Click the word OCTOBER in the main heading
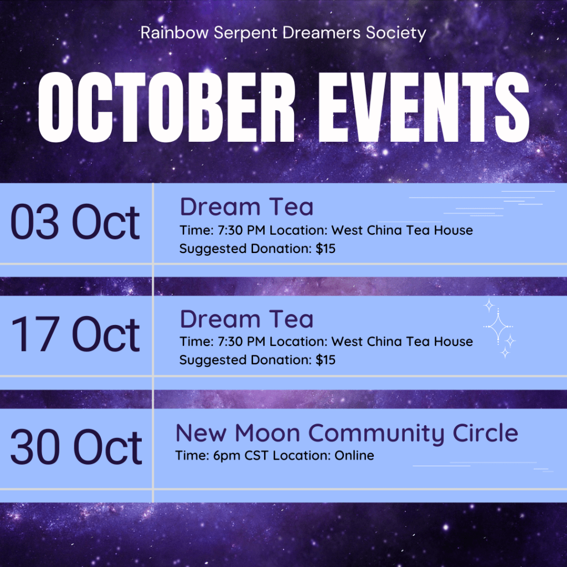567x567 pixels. tap(166, 107)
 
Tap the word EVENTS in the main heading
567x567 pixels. tap(424, 107)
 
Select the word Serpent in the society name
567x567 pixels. tap(245, 33)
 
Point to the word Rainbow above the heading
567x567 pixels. tap(174, 33)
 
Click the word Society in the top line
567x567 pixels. tap(396, 33)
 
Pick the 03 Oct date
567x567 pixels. tap(75, 221)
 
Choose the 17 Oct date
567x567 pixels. tap(75, 333)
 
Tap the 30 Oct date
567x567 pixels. tap(76, 446)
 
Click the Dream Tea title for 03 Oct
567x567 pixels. tap(246, 207)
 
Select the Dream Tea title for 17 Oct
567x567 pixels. tap(246, 319)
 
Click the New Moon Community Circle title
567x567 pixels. tap(347, 433)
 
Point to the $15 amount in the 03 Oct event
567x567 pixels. tap(326, 249)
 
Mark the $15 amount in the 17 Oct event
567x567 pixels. tap(326, 360)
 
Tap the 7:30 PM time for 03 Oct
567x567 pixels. tap(241, 230)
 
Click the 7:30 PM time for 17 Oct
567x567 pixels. tap(241, 342)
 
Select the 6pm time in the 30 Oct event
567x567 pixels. tap(226, 456)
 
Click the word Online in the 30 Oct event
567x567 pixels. tap(354, 455)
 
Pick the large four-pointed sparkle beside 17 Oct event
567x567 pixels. tap(498, 327)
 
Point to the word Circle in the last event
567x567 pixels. tap(485, 432)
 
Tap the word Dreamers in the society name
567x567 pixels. tap(322, 33)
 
